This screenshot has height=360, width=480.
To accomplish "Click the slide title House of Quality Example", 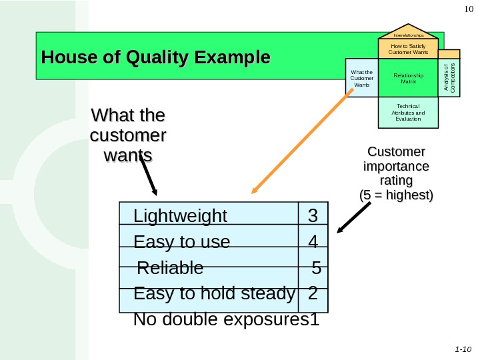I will tap(155, 57).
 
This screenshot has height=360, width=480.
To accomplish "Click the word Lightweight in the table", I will tap(180, 217).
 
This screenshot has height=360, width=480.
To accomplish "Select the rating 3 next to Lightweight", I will tap(312, 217).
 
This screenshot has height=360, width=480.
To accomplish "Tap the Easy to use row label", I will tap(181, 241).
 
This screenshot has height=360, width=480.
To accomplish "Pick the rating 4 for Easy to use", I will tap(313, 241).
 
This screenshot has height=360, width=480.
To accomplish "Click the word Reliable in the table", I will tap(170, 268).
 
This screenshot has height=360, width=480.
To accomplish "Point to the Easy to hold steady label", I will tap(214, 293).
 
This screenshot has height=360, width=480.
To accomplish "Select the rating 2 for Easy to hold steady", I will tap(313, 293).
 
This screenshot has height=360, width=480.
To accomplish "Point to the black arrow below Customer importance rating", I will tap(353, 218).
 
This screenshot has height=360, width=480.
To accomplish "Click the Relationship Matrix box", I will tap(408, 79).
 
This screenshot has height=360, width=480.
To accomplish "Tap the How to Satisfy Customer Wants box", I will tap(408, 49).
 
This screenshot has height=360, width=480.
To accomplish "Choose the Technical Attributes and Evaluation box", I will tap(408, 112).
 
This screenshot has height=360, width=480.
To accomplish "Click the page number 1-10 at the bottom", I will tap(463, 349).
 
